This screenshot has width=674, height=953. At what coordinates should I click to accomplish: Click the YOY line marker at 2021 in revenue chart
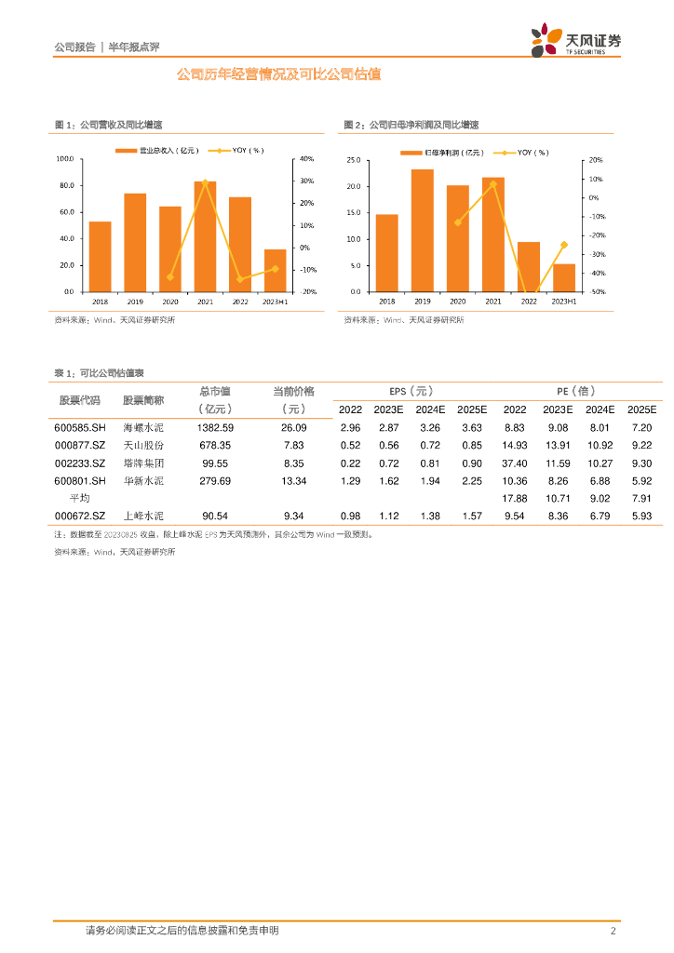[x=205, y=181]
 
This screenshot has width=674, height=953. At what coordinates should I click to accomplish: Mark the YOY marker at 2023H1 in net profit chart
[x=563, y=245]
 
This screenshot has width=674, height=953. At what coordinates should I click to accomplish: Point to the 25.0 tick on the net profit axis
[x=354, y=160]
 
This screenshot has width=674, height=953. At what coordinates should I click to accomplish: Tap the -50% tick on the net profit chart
[x=598, y=292]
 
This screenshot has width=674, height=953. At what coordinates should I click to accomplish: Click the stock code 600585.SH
[x=80, y=427]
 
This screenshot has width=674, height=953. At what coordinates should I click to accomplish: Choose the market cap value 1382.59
[x=215, y=427]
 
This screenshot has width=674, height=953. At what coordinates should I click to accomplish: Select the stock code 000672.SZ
[x=80, y=516]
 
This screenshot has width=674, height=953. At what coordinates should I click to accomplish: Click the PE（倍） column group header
[x=577, y=391]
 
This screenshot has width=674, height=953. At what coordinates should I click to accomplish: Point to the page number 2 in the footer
[x=613, y=931]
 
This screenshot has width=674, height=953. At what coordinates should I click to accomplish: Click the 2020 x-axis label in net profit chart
[x=457, y=302]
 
